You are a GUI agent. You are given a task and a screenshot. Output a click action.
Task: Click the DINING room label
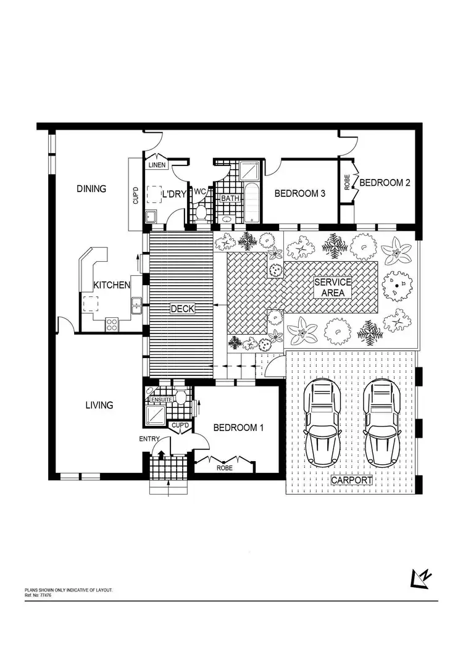point(91,189)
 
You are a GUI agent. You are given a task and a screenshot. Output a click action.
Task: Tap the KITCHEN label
point(112,285)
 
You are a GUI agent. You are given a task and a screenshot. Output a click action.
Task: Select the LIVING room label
point(99,406)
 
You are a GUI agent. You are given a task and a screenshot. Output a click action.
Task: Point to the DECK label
point(182,308)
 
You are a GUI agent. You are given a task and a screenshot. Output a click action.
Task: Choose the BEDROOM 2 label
point(385,183)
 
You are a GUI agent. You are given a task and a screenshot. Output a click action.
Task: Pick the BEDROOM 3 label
point(300,194)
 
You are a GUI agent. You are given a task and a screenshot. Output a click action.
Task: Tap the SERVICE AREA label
point(333,287)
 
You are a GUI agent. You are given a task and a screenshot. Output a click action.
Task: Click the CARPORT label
point(352,480)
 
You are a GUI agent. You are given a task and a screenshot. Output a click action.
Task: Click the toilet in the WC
point(200,212)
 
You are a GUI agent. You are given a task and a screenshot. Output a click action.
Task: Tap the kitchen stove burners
point(112,323)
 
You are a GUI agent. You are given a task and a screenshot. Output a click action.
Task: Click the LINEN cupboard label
point(156,165)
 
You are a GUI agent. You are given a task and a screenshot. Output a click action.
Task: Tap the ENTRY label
point(149,439)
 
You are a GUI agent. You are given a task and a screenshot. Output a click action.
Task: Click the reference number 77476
point(44,595)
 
